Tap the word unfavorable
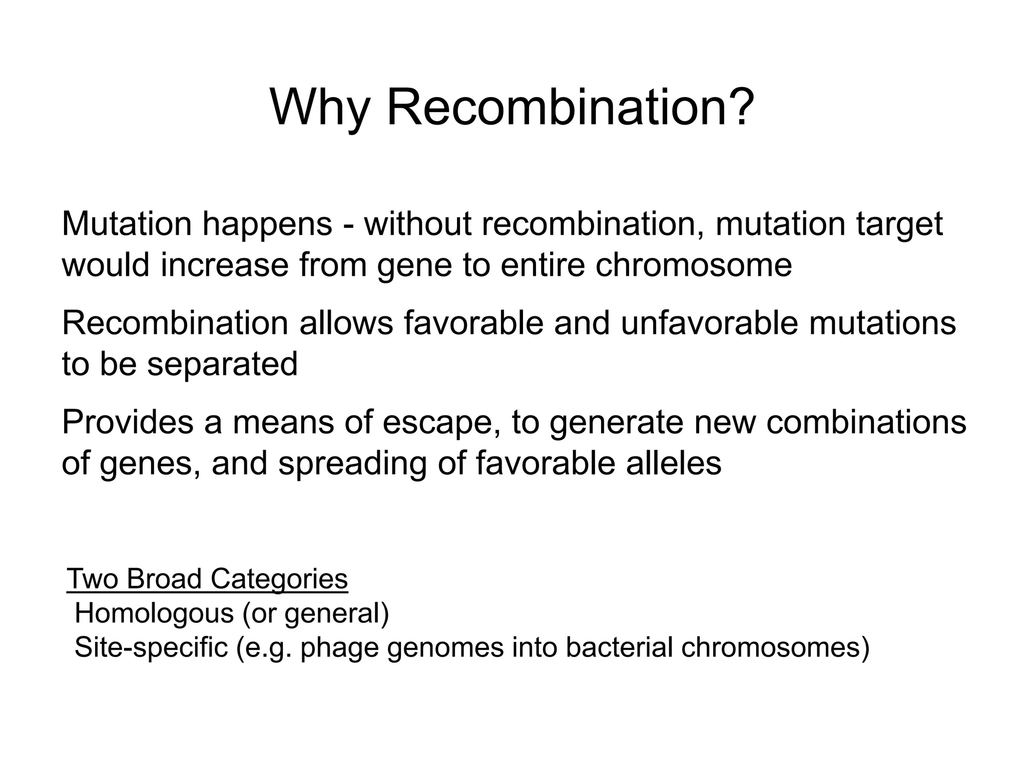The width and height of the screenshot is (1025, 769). pyautogui.click(x=709, y=323)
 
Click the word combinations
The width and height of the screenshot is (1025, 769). pyautogui.click(x=866, y=422)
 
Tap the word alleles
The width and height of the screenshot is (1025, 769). pyautogui.click(x=674, y=463)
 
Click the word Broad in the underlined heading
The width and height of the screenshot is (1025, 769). pyautogui.click(x=164, y=579)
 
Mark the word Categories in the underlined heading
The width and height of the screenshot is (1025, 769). pyautogui.click(x=279, y=580)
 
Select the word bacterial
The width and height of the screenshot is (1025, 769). pyautogui.click(x=619, y=647)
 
